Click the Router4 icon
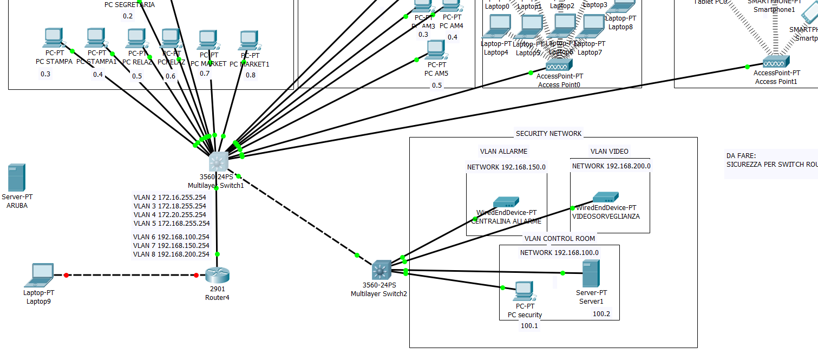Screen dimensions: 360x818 pos(218,275)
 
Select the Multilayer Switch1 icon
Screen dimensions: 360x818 pos(218,161)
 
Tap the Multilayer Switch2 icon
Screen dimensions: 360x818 pos(381,270)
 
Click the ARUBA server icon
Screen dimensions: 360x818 pos(17,178)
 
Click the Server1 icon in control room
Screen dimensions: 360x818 pos(591,274)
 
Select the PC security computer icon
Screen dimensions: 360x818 pos(524,291)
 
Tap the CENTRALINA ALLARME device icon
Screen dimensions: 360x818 pos(506,202)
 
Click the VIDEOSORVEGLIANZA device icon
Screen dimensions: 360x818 pos(606,197)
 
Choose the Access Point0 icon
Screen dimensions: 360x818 pos(559,66)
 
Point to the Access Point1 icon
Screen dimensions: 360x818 pos(776,62)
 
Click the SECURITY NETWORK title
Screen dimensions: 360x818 pos(548,133)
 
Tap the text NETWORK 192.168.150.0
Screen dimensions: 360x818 pos(506,167)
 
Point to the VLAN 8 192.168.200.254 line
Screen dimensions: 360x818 pos(171,254)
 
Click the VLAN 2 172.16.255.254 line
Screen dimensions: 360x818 pos(169,198)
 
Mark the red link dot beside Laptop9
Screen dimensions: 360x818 pos(66,275)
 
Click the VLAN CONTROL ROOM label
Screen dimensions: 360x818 pos(559,238)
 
